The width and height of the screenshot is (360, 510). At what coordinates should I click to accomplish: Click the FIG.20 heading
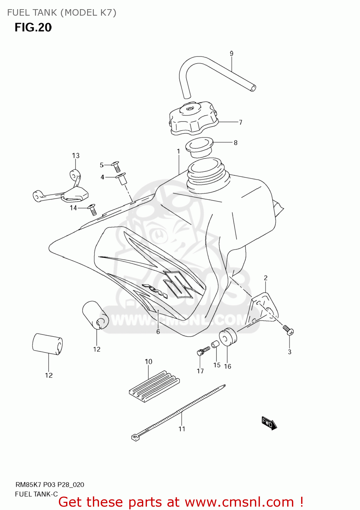(x=33, y=27)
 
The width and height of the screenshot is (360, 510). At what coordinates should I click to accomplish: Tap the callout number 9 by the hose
(x=231, y=53)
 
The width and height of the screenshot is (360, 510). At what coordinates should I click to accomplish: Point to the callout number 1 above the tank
(x=178, y=151)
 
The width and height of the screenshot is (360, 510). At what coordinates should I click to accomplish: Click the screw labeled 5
(x=116, y=166)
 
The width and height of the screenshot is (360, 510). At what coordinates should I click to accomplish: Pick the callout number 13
(x=76, y=155)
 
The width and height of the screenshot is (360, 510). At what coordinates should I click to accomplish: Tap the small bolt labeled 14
(x=92, y=209)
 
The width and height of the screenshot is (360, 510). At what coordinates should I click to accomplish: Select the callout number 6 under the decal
(x=158, y=331)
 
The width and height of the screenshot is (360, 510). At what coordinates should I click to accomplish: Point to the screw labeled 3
(x=288, y=329)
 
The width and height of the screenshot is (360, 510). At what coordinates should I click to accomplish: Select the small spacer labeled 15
(x=215, y=345)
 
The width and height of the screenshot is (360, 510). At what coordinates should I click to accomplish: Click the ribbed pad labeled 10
(x=154, y=386)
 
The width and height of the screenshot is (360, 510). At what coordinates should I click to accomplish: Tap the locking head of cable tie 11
(x=135, y=438)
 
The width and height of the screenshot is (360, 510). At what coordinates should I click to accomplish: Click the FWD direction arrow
(x=269, y=423)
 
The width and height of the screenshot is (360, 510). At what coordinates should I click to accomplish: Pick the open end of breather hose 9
(x=253, y=88)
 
